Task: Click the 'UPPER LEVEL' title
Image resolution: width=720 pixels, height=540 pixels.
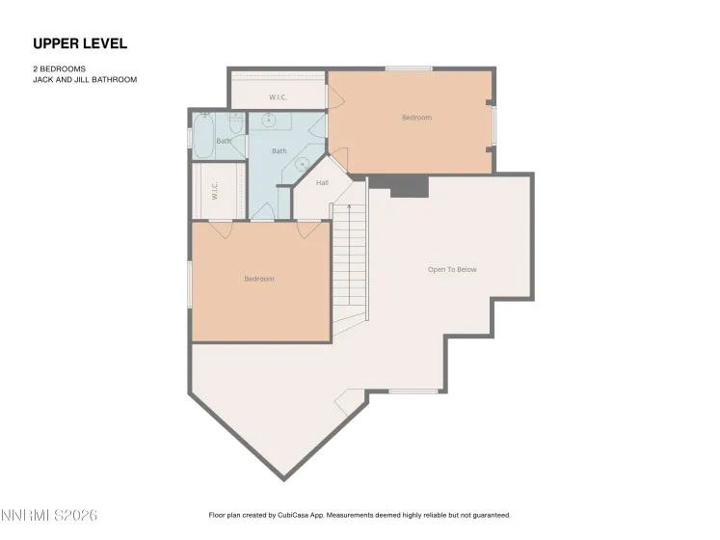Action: pos(80,43)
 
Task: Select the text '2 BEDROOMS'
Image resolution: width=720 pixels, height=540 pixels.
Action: pos(60,69)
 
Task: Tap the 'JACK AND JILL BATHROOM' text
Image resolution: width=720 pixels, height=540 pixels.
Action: pos(85,80)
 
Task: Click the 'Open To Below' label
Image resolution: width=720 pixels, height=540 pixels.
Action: pos(452,270)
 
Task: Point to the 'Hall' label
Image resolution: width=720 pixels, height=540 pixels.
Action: pos(322,182)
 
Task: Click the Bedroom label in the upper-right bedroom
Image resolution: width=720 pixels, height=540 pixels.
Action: pos(416,118)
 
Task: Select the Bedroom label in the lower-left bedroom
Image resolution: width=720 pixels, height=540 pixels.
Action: pos(258,279)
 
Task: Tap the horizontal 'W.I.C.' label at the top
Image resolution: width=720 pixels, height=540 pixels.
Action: pos(278,97)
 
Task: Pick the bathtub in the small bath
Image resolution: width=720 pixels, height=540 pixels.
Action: pos(204,136)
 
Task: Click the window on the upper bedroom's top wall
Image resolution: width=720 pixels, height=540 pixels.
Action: pos(409,68)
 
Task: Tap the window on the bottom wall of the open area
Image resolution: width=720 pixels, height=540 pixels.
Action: pos(414,391)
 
